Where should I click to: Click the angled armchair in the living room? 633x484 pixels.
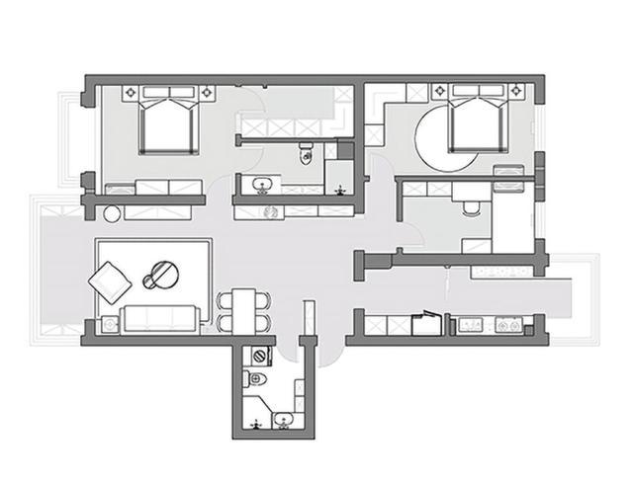click(110, 282)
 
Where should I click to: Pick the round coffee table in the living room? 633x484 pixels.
click(164, 274)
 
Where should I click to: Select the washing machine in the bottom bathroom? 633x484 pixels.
click(260, 355)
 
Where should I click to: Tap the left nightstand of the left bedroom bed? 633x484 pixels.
click(131, 92)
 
